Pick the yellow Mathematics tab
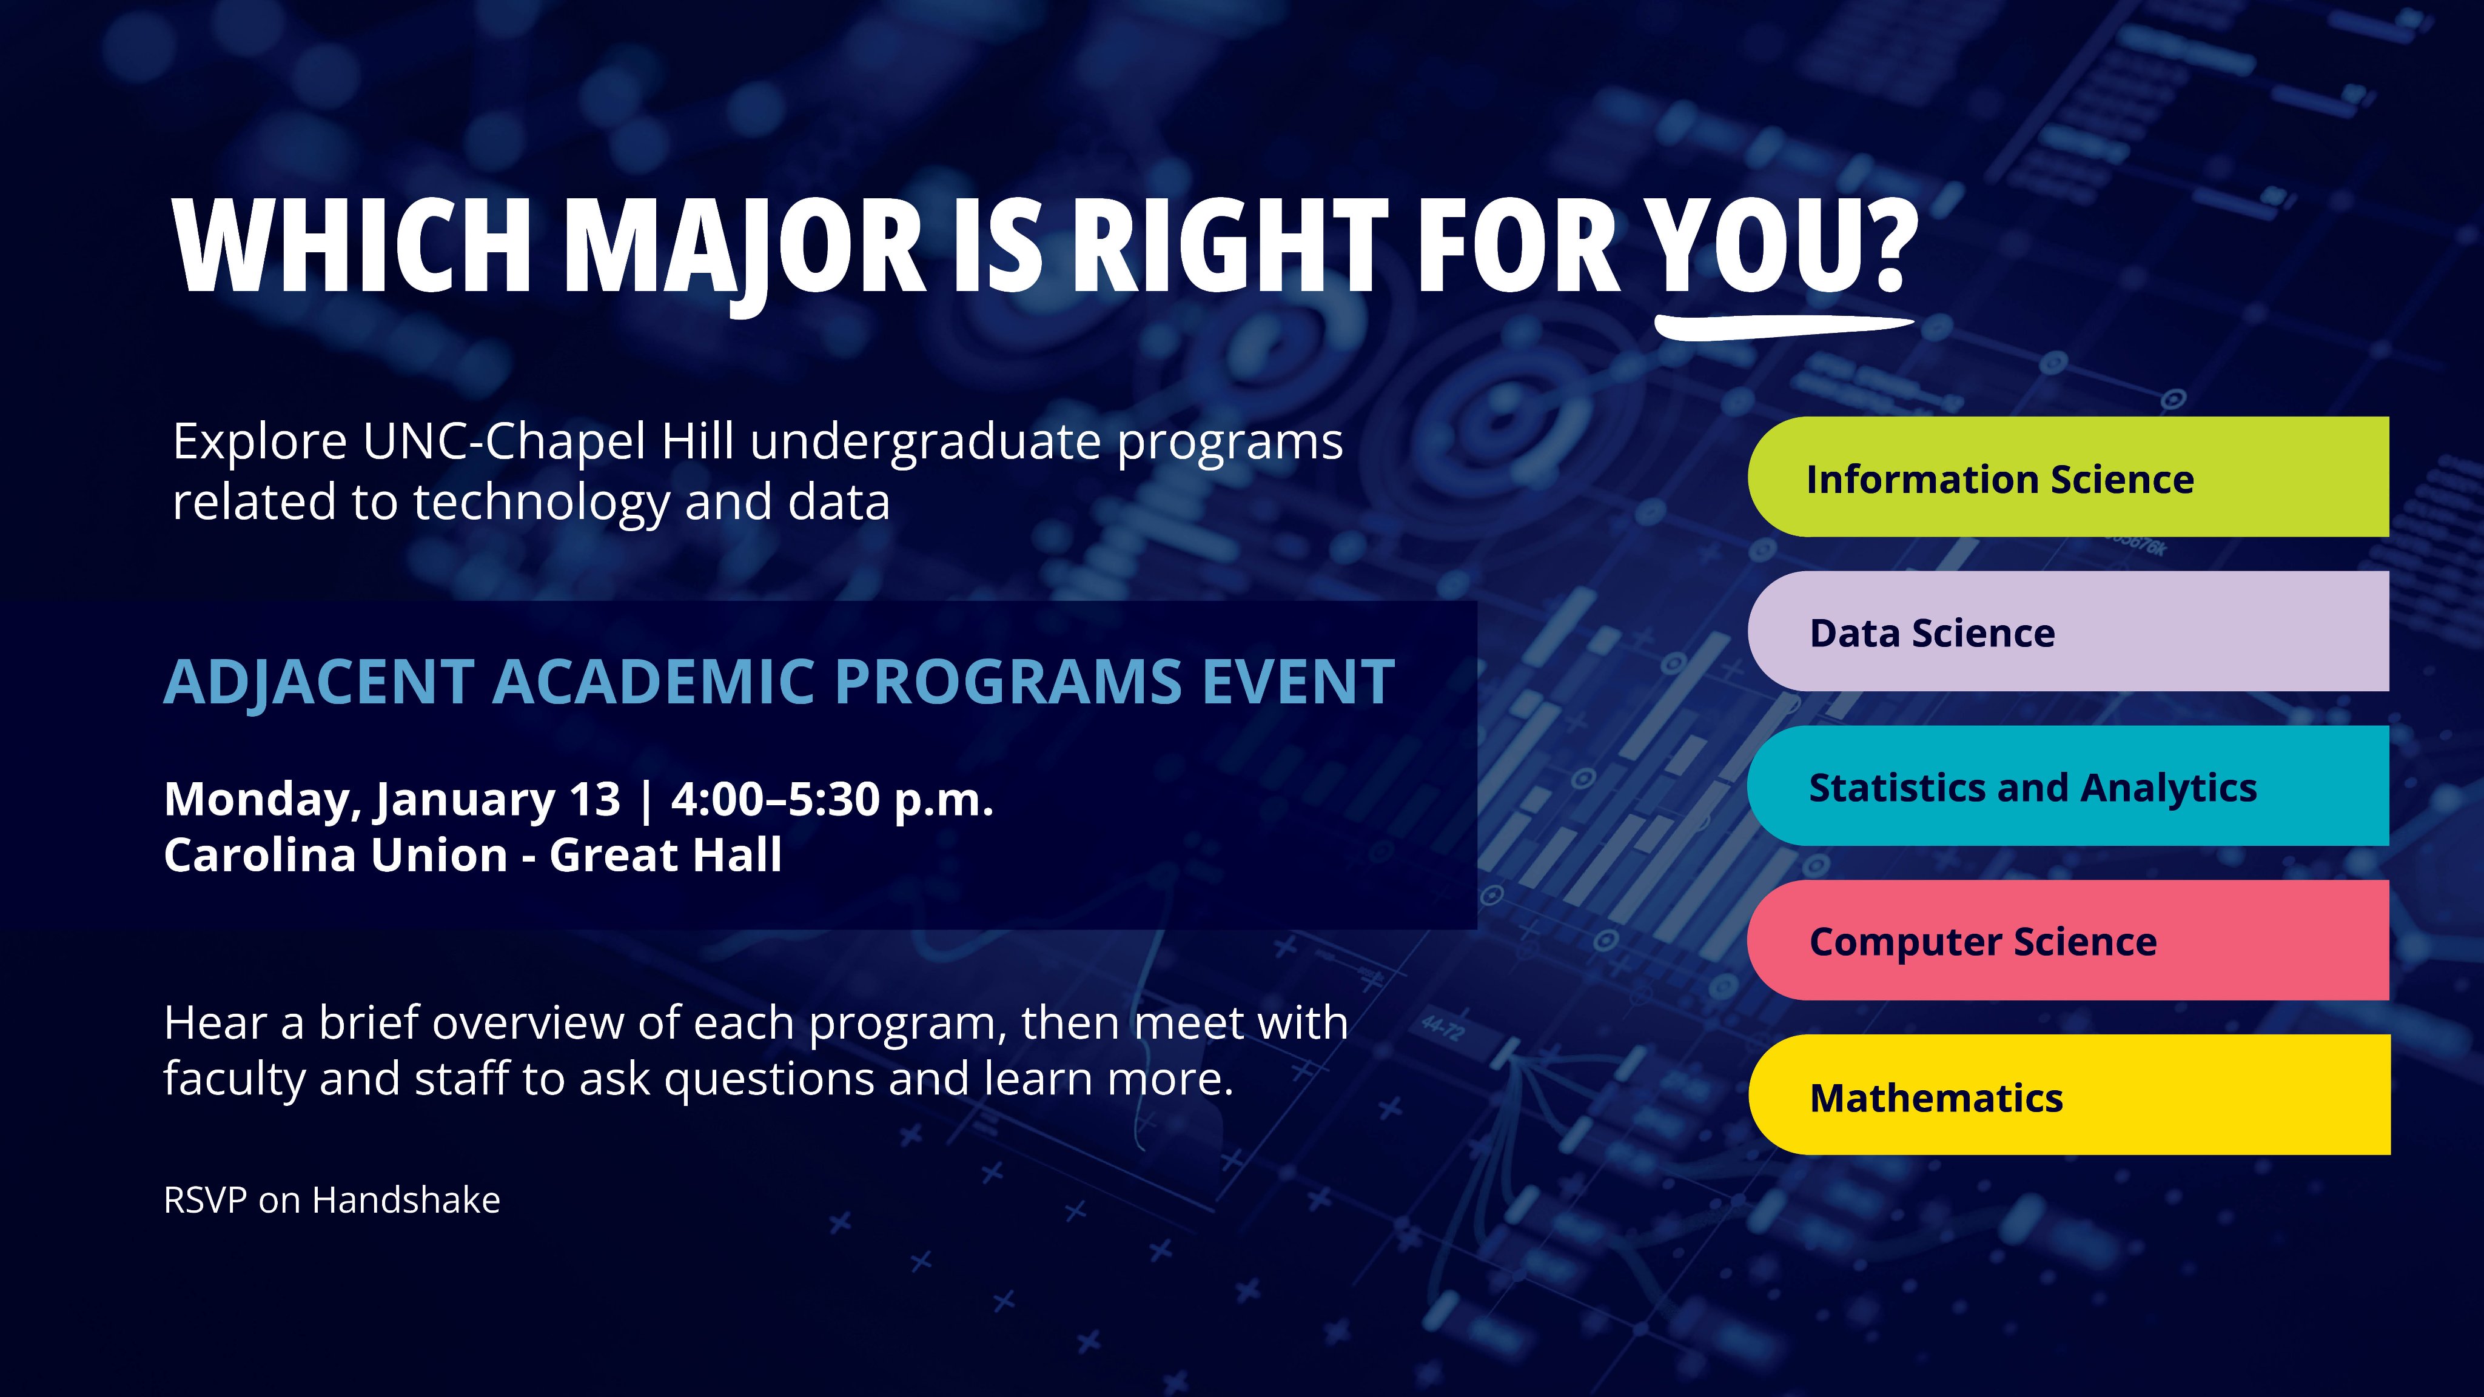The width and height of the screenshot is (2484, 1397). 2069,1094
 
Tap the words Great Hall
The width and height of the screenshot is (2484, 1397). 665,855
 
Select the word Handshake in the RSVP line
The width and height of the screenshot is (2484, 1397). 406,1201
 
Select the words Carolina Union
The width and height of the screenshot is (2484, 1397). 335,855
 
